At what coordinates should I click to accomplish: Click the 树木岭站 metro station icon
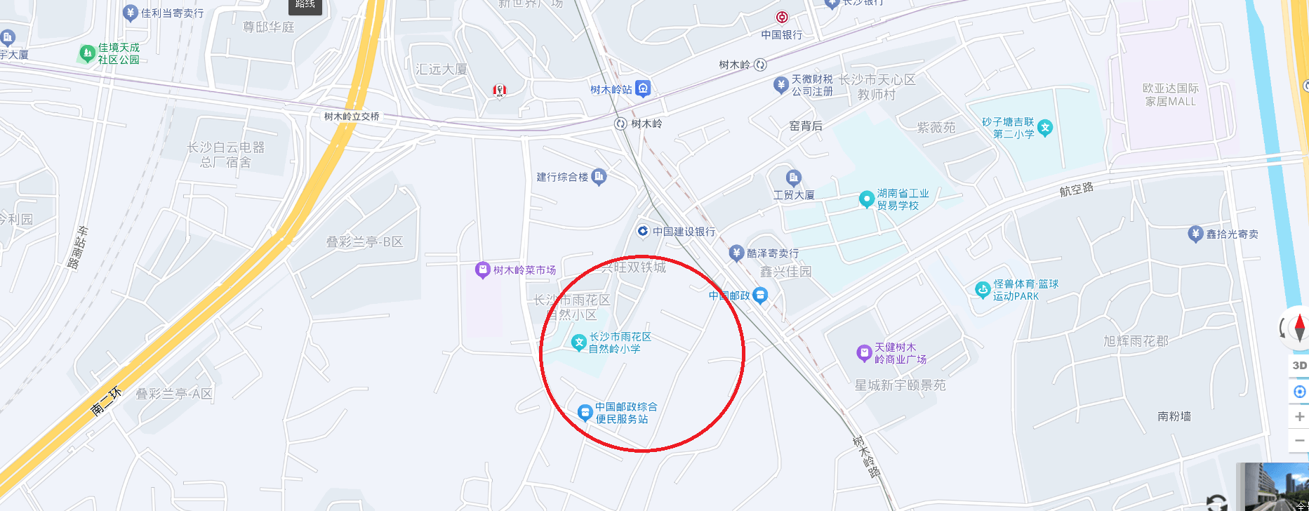click(x=643, y=88)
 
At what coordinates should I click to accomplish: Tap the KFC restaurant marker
click(x=500, y=90)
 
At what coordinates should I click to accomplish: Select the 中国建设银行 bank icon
click(x=642, y=231)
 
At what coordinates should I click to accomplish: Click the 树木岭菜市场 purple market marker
click(x=482, y=270)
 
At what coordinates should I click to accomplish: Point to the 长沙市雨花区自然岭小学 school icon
click(x=578, y=342)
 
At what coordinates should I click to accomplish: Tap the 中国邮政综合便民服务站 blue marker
click(x=585, y=412)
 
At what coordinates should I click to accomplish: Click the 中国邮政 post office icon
click(x=760, y=296)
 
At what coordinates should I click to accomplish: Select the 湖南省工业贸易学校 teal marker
click(x=866, y=199)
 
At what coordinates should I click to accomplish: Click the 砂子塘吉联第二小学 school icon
click(x=1045, y=127)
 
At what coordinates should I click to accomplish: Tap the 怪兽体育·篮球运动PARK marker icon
click(x=983, y=289)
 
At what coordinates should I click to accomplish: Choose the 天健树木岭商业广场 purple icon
click(x=864, y=352)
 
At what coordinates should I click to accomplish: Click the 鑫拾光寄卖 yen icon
click(x=1195, y=234)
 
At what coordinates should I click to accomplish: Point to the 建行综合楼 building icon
click(x=599, y=176)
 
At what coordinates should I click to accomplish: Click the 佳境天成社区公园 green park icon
click(x=87, y=53)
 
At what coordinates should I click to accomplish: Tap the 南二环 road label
click(x=107, y=401)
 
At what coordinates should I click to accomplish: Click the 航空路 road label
click(x=1076, y=189)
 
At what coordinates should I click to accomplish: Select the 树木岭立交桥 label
click(x=352, y=117)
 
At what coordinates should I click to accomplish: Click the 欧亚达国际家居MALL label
click(x=1170, y=95)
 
